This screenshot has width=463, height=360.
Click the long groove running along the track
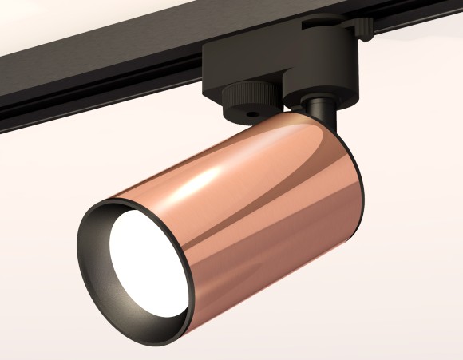[x=80, y=92]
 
